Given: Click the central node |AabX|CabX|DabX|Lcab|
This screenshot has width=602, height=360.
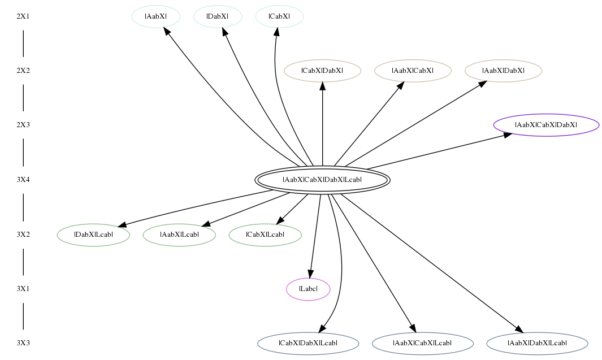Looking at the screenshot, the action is pos(323,180).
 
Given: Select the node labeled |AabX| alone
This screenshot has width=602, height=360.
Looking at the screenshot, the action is pos(156,16).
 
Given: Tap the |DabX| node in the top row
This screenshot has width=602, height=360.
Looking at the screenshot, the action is pos(218,16).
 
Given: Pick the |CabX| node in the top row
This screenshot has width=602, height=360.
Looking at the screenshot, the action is pos(279,16).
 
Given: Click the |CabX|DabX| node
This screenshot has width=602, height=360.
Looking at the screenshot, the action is pos(323,71).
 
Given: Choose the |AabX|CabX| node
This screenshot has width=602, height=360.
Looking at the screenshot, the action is pos(413,71).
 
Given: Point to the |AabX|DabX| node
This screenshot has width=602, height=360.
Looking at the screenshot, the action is pos(503,71).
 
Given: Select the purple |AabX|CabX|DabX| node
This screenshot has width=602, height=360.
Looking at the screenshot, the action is pos(546,125).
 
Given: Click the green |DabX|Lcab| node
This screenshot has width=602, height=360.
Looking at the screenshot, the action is pos(93,235).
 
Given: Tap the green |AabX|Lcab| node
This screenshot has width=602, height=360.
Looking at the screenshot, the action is pos(179,235).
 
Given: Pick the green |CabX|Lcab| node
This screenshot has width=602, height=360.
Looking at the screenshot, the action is pos(265,235).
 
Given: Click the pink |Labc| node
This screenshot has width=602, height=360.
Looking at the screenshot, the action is pos(308,289).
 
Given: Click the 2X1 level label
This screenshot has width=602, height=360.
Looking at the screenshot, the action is pos(23,16).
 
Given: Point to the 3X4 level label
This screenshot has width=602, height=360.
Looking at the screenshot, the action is pos(23,180).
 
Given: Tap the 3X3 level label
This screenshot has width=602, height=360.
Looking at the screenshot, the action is pos(23,343).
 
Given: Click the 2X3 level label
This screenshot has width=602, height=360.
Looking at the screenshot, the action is pos(23,125).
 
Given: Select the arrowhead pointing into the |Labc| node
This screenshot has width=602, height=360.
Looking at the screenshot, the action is pos(310,274).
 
